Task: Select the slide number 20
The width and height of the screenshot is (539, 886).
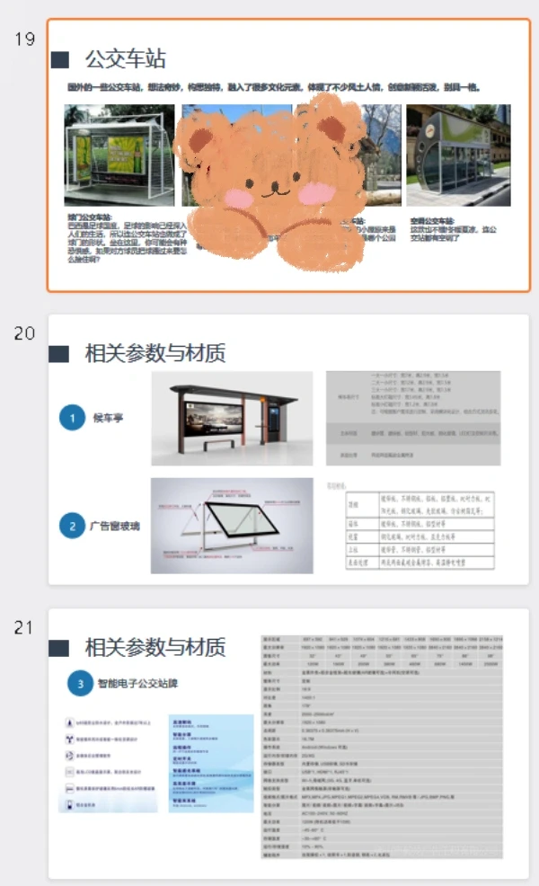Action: coord(24,333)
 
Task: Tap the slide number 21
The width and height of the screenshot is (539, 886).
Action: coord(24,628)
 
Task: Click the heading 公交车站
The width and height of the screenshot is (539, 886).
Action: coord(125,60)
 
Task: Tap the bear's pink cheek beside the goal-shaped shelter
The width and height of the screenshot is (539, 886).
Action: coord(235,197)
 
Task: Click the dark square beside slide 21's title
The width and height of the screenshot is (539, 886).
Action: coord(60,648)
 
